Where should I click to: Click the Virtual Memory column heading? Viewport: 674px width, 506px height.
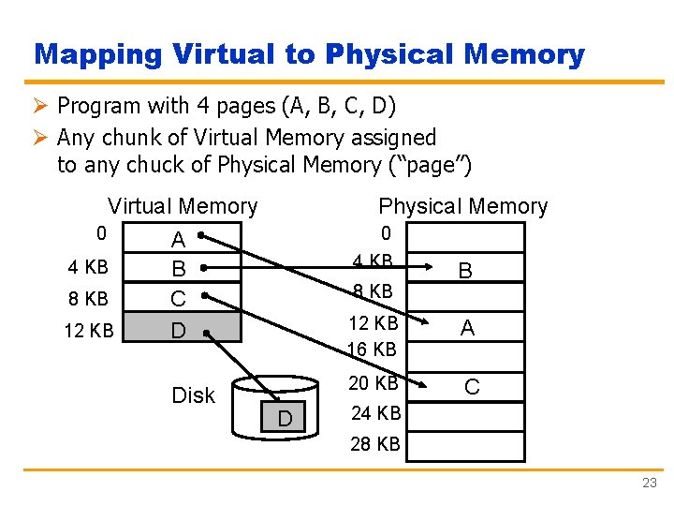pos(183,206)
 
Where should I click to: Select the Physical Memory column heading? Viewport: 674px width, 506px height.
pos(462,206)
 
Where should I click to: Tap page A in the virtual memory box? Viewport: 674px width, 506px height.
pos(178,241)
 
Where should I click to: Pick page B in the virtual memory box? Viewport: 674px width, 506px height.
pos(178,270)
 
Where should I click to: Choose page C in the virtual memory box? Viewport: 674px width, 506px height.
pos(178,300)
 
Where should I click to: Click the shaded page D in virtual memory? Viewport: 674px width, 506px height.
pos(178,331)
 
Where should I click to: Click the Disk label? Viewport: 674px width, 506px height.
pos(193,395)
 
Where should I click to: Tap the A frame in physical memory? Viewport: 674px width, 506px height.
pos(466,328)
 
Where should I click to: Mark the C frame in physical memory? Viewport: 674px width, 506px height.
pos(472,386)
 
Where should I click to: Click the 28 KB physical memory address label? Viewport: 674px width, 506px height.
pos(375,444)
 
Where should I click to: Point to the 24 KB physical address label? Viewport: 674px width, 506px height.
pos(375,413)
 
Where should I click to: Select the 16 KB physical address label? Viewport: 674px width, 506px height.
pos(373,350)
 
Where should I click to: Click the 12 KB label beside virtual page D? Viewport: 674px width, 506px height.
pos(90,331)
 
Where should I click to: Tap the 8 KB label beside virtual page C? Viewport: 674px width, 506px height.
pos(89,299)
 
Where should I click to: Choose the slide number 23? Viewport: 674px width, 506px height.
pos(650,483)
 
